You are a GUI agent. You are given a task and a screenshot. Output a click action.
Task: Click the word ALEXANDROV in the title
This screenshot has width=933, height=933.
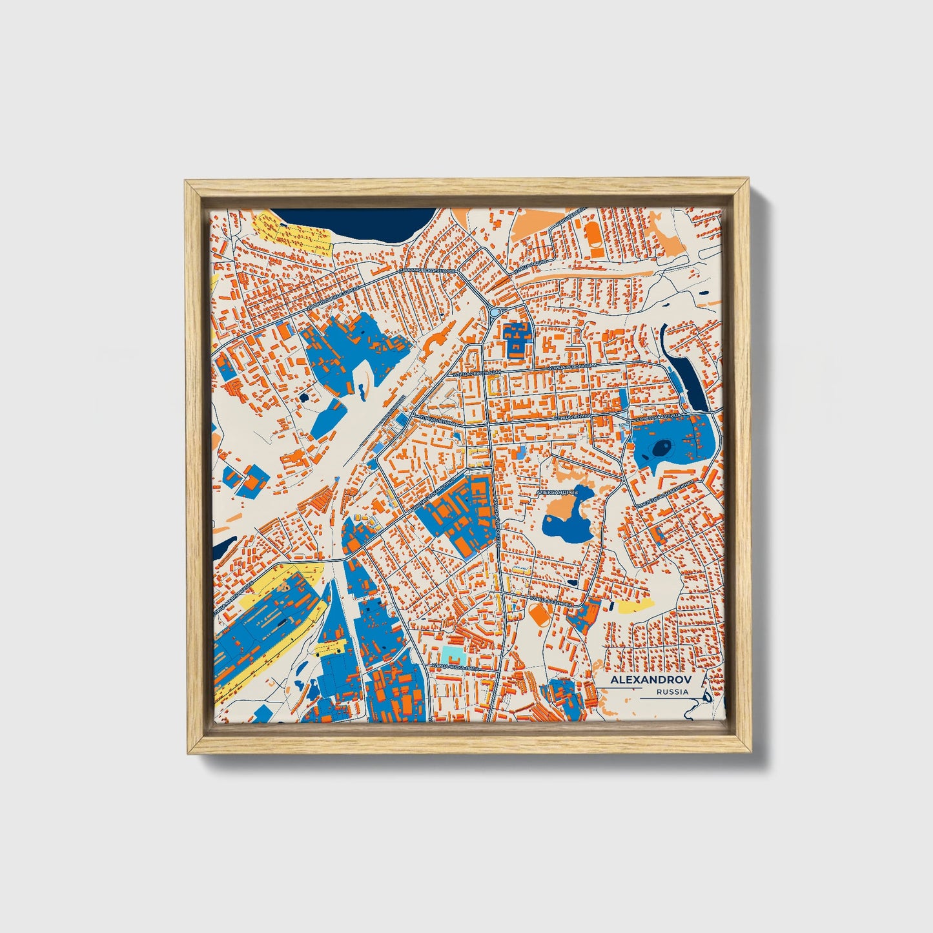tap(650, 681)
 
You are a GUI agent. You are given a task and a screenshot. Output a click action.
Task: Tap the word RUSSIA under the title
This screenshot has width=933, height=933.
tap(672, 692)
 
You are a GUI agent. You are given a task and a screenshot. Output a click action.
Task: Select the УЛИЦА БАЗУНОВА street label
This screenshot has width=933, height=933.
tap(549, 600)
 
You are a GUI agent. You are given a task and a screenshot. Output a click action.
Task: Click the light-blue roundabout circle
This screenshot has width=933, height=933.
tap(495, 312)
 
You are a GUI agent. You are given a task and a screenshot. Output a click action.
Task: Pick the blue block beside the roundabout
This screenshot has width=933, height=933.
tap(516, 340)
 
